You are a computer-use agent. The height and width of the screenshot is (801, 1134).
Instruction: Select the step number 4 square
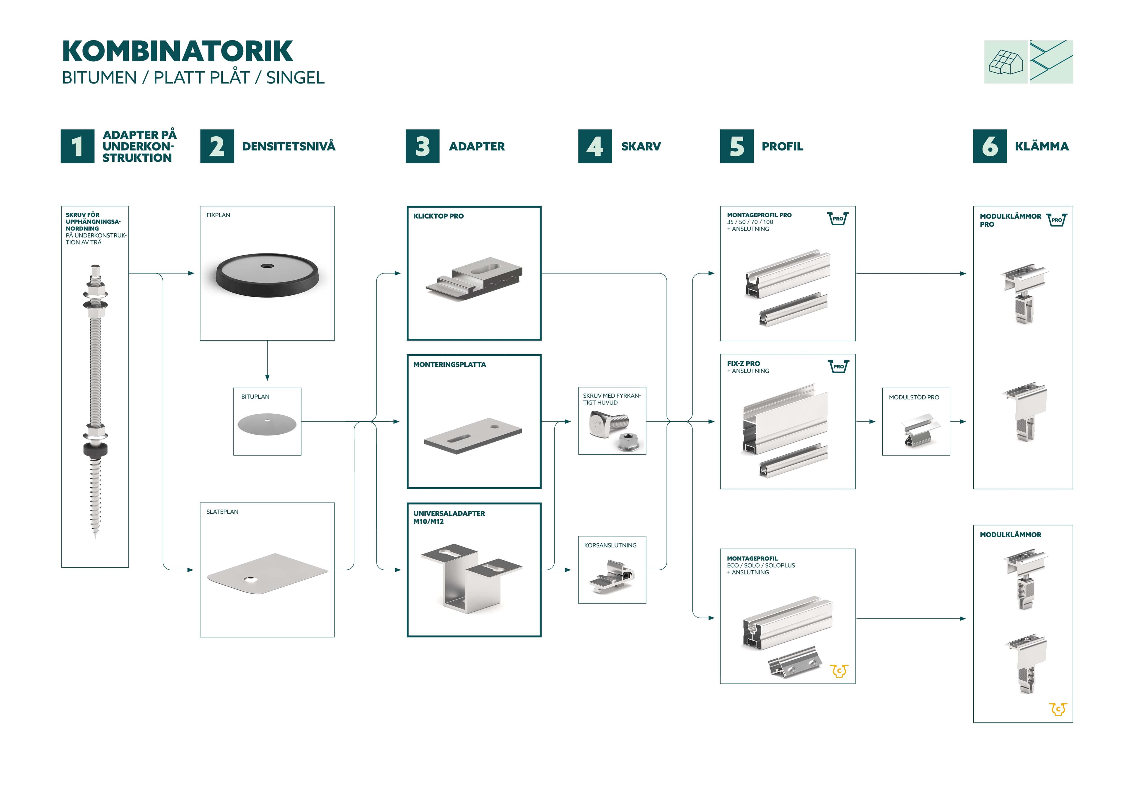595,146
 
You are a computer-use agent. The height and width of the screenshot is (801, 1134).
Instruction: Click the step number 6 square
990,146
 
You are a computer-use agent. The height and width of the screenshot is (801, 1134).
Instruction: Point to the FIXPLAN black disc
267,275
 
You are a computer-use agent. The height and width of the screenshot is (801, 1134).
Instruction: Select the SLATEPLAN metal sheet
267,574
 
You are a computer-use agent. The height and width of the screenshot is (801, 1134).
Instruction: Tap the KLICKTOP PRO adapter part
474,279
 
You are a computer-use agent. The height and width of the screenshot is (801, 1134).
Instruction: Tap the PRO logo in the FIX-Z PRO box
838,366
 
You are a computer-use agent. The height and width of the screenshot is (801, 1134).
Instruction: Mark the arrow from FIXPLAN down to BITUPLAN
267,360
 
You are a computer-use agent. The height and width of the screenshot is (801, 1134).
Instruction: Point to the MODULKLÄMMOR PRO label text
1010,220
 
